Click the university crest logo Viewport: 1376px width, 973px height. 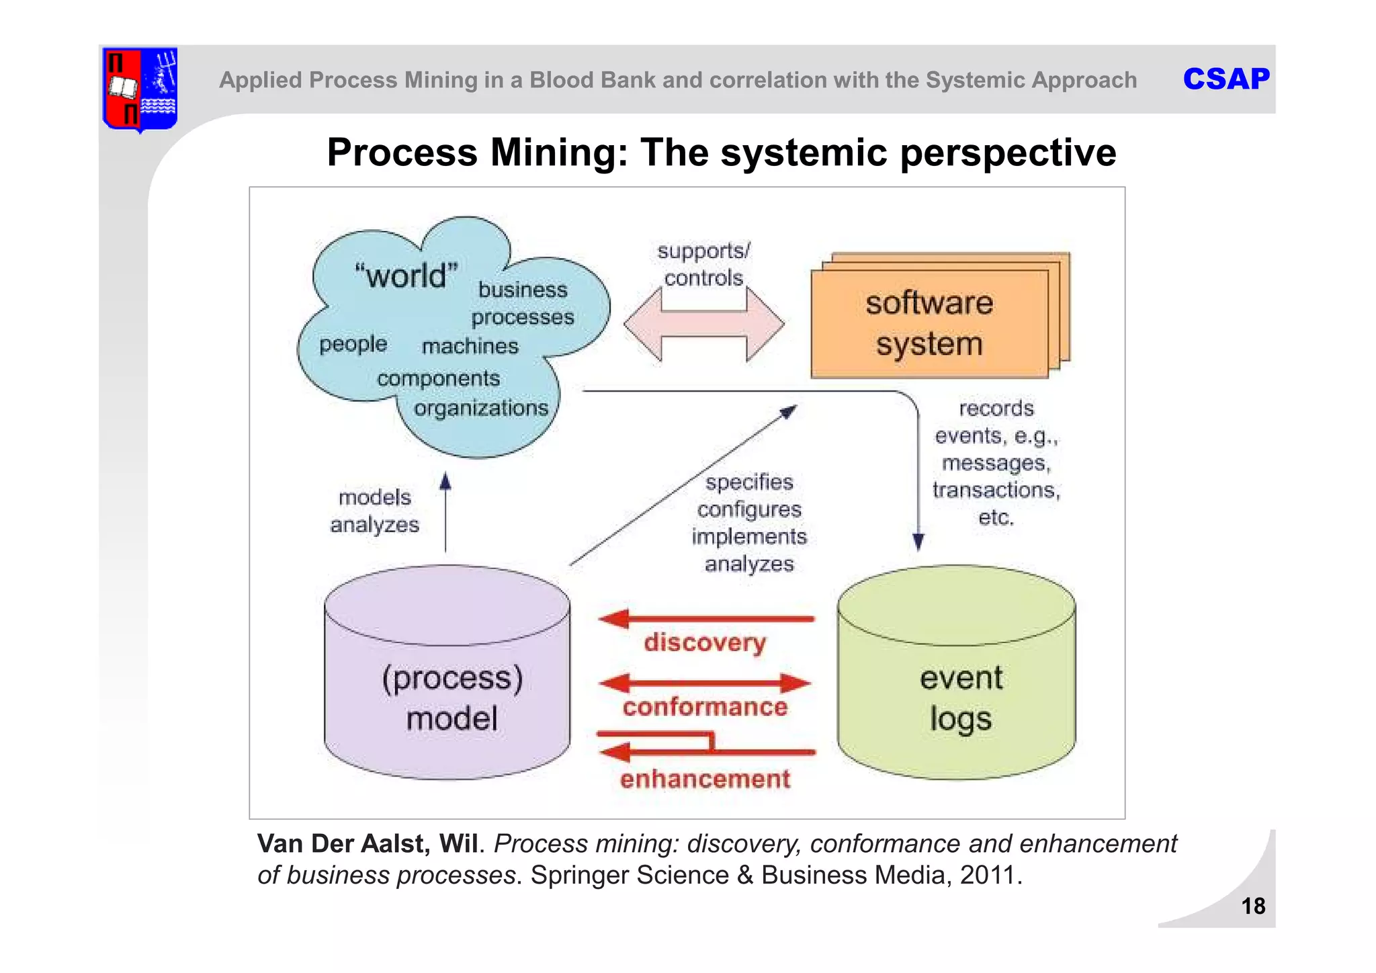pyautogui.click(x=140, y=89)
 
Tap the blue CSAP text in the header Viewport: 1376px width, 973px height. pyautogui.click(x=1225, y=79)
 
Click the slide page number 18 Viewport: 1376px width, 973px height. pyautogui.click(x=1253, y=906)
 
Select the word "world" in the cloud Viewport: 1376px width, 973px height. pyautogui.click(x=406, y=276)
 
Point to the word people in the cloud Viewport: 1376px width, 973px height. pyautogui.click(x=353, y=344)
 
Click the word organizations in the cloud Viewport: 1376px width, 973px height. pyautogui.click(x=481, y=408)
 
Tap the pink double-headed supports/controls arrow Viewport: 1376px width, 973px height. pyautogui.click(x=703, y=325)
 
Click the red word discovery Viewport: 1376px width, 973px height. pyautogui.click(x=705, y=642)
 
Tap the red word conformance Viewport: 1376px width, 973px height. pyautogui.click(x=705, y=707)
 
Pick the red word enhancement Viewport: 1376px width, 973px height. pyautogui.click(x=705, y=779)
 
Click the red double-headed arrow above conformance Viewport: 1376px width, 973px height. pyautogui.click(x=705, y=684)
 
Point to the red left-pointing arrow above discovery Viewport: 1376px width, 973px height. pyautogui.click(x=705, y=618)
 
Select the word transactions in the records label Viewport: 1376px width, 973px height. pyautogui.click(x=996, y=490)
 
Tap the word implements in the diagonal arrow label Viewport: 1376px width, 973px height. pyautogui.click(x=749, y=536)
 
